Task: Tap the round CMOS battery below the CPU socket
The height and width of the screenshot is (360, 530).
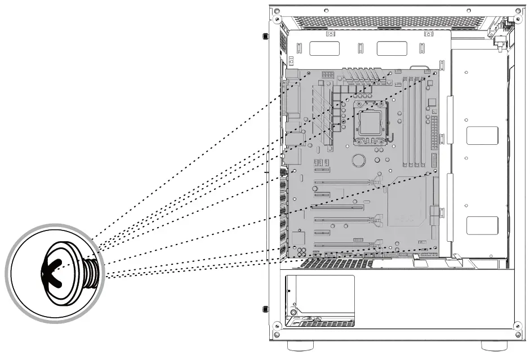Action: (x=359, y=161)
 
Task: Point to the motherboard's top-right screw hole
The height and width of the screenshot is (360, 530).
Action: (x=434, y=73)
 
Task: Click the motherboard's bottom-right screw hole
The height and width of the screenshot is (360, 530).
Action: (x=435, y=247)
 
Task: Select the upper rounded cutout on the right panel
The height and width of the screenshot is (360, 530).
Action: (x=482, y=136)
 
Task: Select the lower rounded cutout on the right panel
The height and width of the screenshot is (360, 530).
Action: (x=482, y=225)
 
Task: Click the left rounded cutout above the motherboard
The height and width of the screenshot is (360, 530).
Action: (x=324, y=49)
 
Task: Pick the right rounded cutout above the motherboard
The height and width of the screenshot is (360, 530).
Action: (x=391, y=49)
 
